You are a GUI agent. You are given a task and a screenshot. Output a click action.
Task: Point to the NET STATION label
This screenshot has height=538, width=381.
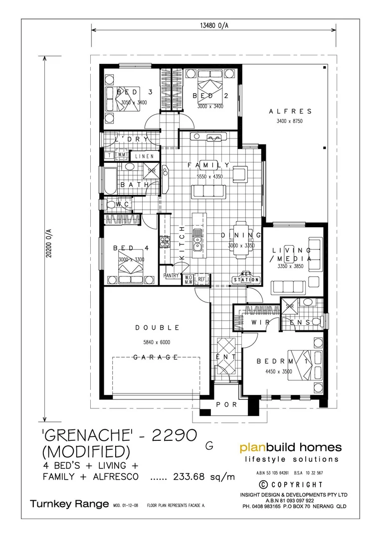click(246, 278)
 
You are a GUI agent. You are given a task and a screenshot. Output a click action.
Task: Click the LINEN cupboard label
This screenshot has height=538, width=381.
click(145, 156)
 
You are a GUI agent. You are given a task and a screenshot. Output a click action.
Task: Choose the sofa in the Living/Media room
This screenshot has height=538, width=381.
click(288, 287)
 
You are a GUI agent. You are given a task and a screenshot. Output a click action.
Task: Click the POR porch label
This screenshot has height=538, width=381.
click(227, 405)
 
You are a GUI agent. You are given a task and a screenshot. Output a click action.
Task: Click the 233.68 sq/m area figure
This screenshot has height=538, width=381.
click(204, 477)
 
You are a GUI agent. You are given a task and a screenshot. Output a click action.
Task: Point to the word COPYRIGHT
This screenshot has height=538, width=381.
click(294, 484)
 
